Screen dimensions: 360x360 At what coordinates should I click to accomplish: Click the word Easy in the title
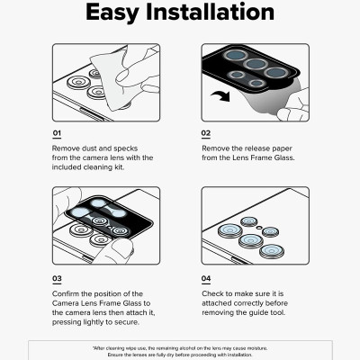tap(112, 13)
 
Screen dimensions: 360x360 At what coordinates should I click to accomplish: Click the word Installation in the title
tap(210, 12)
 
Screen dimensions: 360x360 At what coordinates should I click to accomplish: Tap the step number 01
tap(57, 133)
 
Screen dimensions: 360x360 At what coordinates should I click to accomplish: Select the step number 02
tap(206, 133)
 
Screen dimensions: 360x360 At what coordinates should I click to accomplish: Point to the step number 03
tap(57, 279)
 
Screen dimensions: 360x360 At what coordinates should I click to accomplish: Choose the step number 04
tap(206, 279)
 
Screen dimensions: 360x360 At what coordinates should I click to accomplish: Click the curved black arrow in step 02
tap(220, 96)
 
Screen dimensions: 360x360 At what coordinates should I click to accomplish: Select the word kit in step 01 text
tap(119, 167)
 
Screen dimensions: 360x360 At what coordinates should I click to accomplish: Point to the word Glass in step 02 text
tap(284, 157)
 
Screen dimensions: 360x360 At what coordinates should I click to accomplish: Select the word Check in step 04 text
tap(212, 293)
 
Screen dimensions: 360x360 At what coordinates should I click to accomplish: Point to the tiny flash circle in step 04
tap(259, 228)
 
